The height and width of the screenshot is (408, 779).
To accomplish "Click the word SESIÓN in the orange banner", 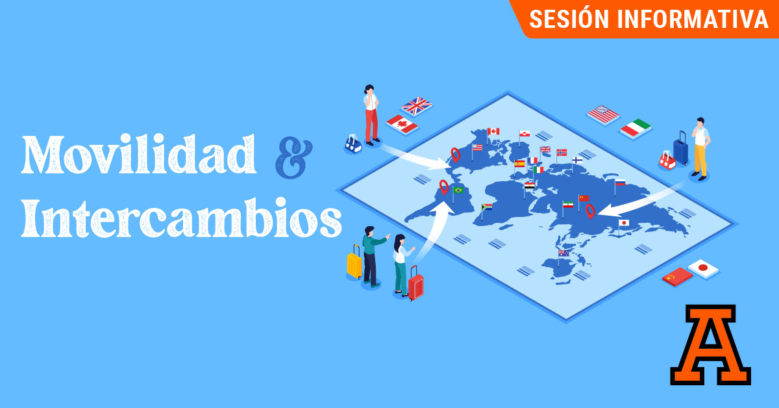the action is [569, 19].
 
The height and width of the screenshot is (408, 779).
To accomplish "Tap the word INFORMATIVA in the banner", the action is [693, 19].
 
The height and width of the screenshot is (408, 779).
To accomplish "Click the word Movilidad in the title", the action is [139, 154].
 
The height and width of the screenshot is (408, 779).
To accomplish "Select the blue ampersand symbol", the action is [294, 157].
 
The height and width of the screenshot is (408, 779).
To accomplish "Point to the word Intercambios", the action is [181, 218].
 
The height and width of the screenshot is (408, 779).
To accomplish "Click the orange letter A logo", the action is [710, 344].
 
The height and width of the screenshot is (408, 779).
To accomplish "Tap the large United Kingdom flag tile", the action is [417, 105].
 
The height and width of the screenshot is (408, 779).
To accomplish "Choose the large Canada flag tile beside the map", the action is [402, 124].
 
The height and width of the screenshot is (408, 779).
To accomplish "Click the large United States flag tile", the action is [603, 114].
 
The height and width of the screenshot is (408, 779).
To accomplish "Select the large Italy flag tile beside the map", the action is [636, 128].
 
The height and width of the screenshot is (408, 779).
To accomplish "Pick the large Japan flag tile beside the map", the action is [703, 268].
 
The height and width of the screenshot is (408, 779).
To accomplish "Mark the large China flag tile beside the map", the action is [677, 277].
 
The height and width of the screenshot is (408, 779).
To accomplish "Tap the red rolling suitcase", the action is [415, 284].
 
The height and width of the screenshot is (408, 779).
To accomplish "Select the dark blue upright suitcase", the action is [680, 149].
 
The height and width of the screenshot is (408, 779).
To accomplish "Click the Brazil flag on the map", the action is [458, 190].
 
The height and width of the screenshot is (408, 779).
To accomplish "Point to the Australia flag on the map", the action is [563, 253].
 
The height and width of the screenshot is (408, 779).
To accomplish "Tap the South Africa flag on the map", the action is [487, 207].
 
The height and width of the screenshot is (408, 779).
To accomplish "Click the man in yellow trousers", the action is [700, 149].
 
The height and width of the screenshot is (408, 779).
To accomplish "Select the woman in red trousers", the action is [371, 115].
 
